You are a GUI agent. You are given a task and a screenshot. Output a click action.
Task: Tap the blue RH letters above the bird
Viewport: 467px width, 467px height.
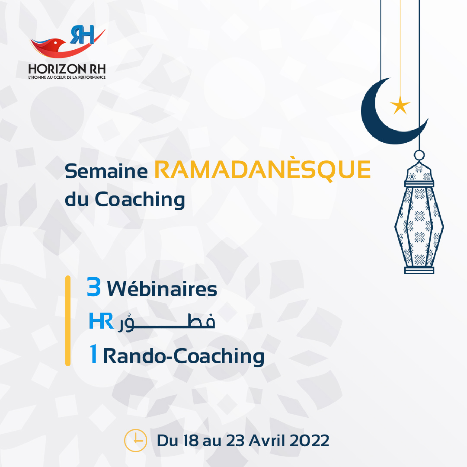82,35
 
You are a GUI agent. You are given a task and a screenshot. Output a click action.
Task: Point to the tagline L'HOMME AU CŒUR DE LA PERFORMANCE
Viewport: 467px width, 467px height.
67,77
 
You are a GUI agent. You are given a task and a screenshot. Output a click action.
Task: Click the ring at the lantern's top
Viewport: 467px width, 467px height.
419,155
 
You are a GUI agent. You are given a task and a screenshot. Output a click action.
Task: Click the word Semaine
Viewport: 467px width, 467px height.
106,171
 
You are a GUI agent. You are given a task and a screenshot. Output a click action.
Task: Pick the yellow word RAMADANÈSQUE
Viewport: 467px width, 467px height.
262,170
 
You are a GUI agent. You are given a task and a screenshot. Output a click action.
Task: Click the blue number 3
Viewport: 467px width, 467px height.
94,287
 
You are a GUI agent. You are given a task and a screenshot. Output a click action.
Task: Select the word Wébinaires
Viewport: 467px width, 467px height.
162,288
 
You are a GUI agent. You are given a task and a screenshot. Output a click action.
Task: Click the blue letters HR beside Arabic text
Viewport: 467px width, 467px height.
102,321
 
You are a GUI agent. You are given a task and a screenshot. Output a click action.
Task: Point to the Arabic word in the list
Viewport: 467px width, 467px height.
166,322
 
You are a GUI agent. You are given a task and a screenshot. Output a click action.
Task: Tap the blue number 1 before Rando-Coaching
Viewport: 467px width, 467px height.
93,354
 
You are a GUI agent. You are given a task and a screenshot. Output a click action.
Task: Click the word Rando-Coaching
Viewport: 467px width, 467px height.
184,356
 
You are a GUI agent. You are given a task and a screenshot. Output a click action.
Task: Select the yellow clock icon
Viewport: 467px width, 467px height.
135,441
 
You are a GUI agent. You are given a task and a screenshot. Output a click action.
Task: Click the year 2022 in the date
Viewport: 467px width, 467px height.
310,441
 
